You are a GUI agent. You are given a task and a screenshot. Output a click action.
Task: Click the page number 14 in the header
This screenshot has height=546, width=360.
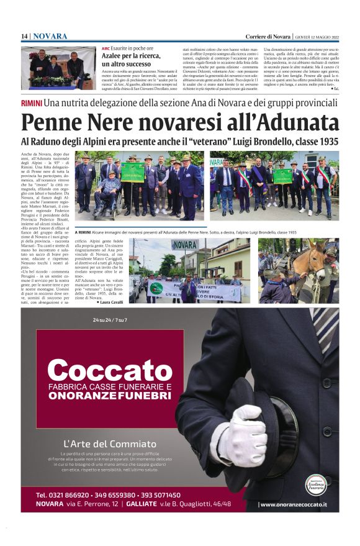(x=24, y=37)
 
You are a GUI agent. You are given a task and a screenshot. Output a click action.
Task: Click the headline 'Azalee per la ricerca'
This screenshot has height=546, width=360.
(x=131, y=56)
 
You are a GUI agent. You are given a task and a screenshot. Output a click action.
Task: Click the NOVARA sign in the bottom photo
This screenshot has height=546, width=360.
(x=185, y=245)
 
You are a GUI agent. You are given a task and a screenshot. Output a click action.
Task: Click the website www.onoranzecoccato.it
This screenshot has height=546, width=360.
(x=294, y=504)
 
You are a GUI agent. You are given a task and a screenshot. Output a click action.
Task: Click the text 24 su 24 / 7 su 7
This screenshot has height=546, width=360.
(x=110, y=320)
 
